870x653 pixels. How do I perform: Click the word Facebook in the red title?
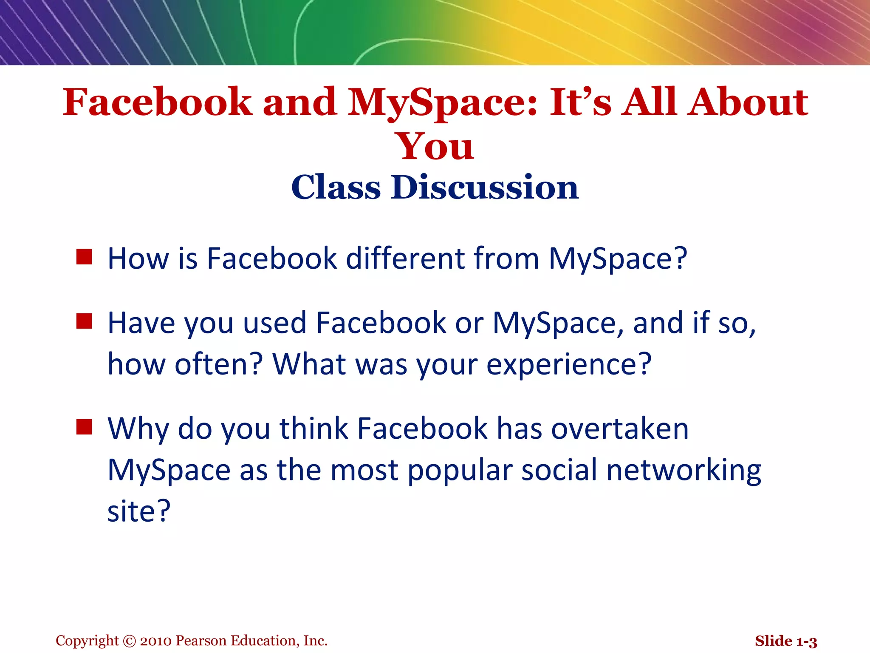tap(157, 102)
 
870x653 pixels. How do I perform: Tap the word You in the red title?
tap(435, 147)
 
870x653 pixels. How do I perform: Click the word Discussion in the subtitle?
tap(485, 187)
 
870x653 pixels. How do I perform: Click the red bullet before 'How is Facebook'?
tap(84, 257)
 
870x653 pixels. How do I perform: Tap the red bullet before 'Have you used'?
tap(84, 321)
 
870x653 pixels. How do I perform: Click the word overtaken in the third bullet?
tap(620, 429)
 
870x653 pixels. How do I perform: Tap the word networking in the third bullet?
tap(684, 471)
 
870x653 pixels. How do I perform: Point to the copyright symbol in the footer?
tap(129, 641)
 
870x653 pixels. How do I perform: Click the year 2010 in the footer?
tap(156, 641)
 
